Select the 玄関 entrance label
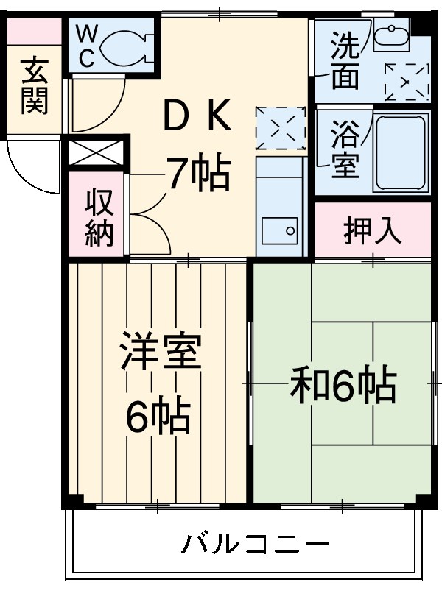pos(34,86)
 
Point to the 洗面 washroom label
pos(344,63)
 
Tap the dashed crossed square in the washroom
pos(406,82)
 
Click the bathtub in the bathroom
pos(401,152)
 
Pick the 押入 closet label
pos(373,230)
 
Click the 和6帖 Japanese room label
pos(343,384)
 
